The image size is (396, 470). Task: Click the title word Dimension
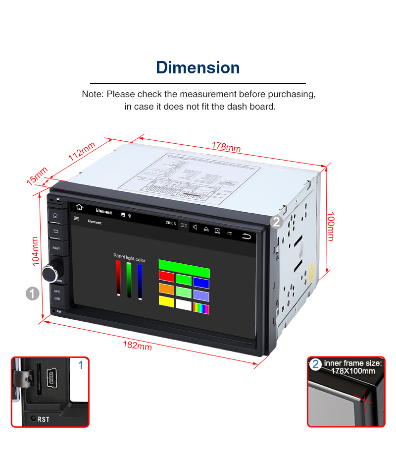198,67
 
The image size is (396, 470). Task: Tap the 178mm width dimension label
226,147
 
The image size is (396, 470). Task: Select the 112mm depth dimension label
82,151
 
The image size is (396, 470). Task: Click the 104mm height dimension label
35,251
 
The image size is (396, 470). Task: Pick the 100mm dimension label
331,227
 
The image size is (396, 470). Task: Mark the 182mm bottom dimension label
138,346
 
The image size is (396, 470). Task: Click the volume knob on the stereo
50,272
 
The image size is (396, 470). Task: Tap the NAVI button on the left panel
56,247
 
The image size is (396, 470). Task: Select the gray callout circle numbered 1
32,294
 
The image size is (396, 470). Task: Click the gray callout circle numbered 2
276,221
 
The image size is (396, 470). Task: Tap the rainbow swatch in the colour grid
200,309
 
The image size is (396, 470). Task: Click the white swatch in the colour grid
183,304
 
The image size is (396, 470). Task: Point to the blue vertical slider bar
140,281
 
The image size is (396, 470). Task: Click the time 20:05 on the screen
170,224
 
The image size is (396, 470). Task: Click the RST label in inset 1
44,419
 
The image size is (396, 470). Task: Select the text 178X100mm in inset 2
353,371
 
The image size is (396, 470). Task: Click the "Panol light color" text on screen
129,259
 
